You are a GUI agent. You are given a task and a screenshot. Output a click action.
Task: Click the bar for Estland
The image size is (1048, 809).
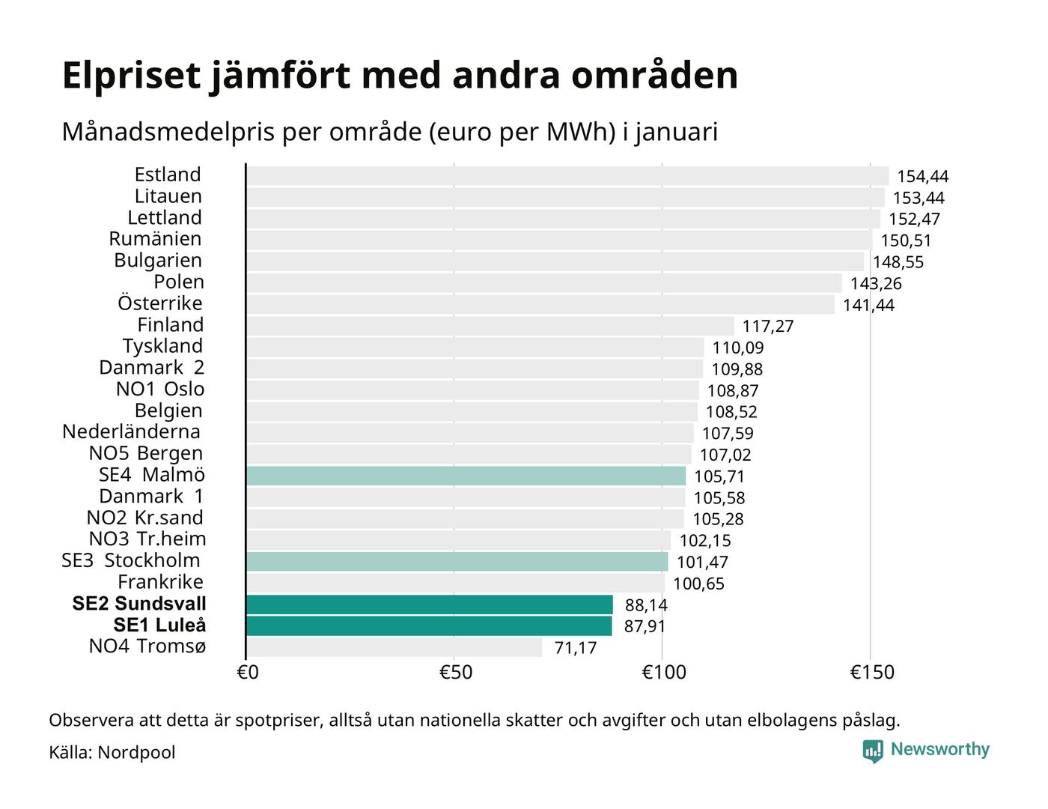[567, 176]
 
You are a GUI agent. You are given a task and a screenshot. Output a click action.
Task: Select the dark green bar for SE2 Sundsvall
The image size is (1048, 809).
[429, 605]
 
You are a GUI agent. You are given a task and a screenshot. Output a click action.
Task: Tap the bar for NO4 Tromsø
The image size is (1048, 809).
[394, 647]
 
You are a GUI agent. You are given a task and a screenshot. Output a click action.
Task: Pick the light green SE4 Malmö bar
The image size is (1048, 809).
[466, 476]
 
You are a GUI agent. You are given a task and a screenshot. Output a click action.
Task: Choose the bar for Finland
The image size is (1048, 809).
[490, 326]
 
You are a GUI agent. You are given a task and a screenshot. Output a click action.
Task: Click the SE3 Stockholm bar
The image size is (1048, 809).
[457, 562]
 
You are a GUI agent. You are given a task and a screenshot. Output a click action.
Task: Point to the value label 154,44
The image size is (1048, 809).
[922, 177]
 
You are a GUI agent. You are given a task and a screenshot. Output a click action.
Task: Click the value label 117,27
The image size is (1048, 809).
[767, 327]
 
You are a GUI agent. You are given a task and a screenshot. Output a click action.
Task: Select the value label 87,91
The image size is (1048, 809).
[645, 626]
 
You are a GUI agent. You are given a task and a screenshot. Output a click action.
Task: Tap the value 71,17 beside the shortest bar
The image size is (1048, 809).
[575, 648]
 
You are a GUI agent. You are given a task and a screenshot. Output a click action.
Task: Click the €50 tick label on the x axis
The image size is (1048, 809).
[455, 673]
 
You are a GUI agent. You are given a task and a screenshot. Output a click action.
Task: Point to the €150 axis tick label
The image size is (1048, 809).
[871, 673]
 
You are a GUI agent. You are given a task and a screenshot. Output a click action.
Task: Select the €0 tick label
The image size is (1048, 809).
[248, 673]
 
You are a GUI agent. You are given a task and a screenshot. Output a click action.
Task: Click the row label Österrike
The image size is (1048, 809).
[160, 303]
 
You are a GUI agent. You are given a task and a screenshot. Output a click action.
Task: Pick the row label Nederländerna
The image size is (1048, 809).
[132, 432]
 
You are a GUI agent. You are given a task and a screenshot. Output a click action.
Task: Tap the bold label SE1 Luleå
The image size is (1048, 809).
[159, 625]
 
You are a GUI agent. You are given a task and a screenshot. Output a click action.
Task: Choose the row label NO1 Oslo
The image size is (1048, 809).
[160, 390]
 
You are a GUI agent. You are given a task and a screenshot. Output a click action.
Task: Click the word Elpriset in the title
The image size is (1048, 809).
[132, 76]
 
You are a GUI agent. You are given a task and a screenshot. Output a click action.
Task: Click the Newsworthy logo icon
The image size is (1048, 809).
[873, 751]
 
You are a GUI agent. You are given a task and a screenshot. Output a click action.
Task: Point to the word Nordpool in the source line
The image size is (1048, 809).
[136, 752]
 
